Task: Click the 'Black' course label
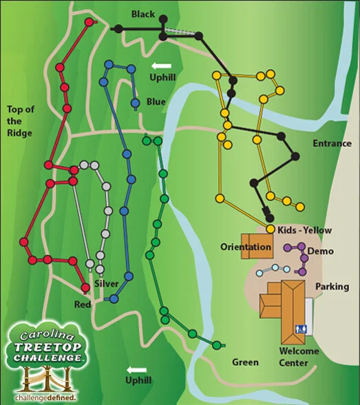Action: (142, 14)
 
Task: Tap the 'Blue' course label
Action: (156, 102)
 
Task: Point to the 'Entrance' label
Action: (332, 143)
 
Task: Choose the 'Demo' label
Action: (320, 251)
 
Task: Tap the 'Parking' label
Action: (332, 287)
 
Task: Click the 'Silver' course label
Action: (107, 284)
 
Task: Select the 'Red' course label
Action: (83, 303)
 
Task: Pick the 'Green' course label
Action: (245, 362)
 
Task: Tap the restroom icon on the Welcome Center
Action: (300, 329)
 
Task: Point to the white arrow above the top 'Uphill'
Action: (158, 65)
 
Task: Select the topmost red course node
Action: (88, 22)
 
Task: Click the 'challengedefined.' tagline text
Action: (45, 397)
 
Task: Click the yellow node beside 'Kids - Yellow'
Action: (271, 229)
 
